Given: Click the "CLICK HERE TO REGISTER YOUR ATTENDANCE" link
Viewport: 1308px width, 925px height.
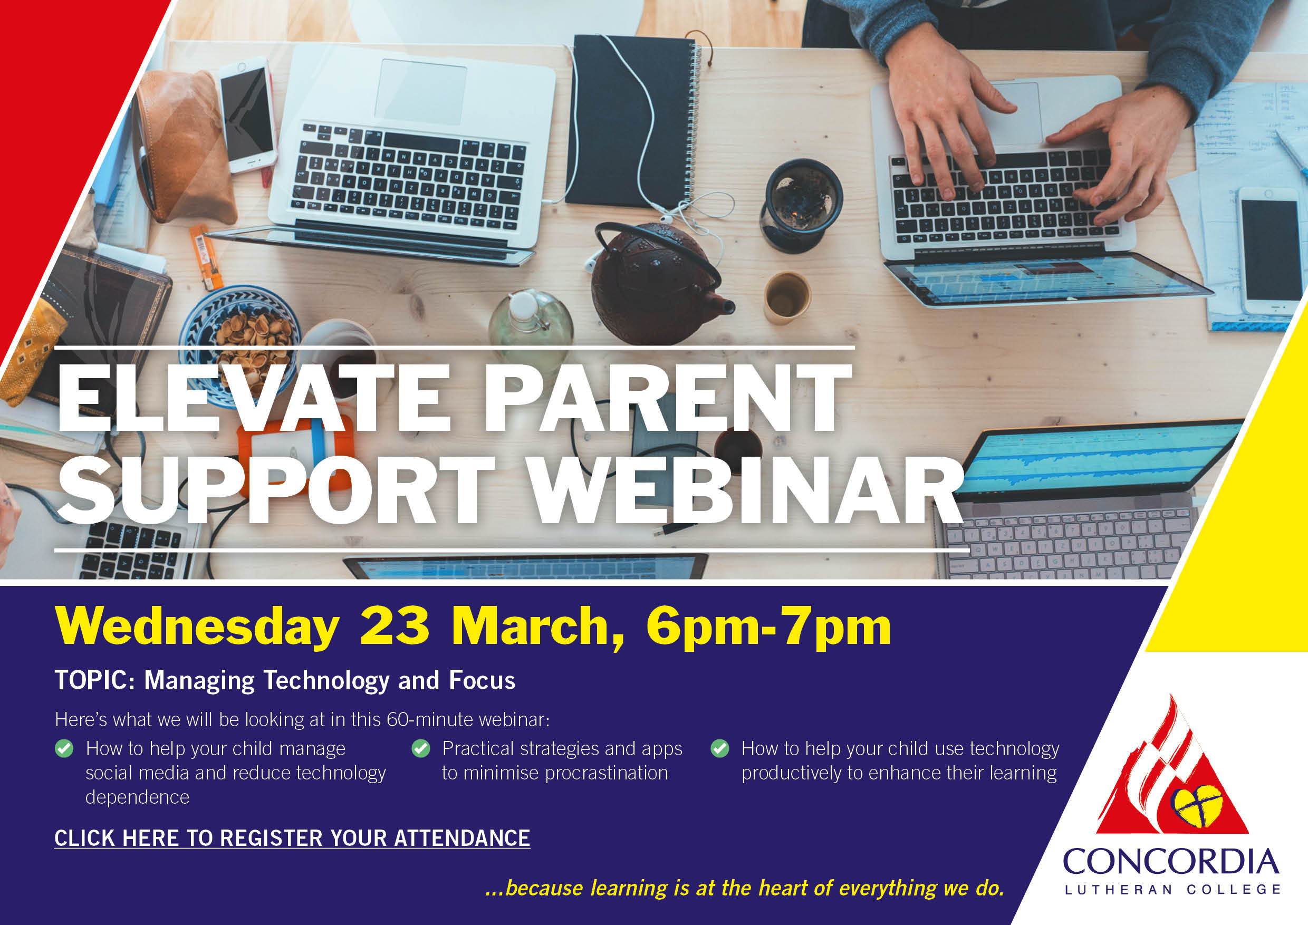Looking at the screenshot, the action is [x=292, y=838].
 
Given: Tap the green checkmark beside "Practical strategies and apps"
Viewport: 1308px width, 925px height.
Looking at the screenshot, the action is [x=420, y=748].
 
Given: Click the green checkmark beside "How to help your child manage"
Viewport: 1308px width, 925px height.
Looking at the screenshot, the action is [x=64, y=748].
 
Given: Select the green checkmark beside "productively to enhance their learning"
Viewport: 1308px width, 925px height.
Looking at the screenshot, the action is [x=720, y=748].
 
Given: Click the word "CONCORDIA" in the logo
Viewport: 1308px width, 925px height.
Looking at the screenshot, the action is [x=1171, y=862].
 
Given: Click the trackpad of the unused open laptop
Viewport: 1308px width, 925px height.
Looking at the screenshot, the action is [x=421, y=91].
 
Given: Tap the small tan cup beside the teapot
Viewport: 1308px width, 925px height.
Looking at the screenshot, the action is [x=787, y=298].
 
